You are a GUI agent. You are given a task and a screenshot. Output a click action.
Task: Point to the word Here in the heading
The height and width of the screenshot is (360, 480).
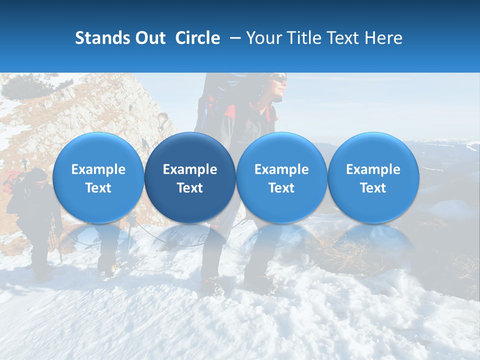(383, 38)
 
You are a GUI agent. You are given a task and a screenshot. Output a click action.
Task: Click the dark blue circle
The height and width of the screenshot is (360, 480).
(190, 177)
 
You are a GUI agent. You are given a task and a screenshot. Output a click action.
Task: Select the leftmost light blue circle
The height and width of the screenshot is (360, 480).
(98, 177)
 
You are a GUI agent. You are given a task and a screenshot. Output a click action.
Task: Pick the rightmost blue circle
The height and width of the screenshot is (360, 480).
(373, 177)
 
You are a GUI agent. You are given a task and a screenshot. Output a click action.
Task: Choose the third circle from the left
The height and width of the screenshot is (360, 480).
(281, 177)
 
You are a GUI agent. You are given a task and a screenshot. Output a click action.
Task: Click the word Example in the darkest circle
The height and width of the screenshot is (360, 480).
(190, 169)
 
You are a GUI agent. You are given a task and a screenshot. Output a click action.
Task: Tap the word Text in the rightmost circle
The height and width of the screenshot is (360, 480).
(373, 188)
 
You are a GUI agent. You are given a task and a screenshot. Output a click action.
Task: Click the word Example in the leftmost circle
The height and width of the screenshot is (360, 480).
(98, 169)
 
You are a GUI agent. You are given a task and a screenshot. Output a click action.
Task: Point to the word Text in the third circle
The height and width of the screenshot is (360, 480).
(281, 188)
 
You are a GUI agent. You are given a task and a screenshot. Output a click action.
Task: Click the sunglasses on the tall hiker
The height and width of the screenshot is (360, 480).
(279, 78)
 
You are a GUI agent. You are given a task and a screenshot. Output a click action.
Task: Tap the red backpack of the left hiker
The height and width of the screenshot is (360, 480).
(12, 181)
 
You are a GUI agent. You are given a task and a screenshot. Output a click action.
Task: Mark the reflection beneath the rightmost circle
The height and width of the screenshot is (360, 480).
(373, 240)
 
